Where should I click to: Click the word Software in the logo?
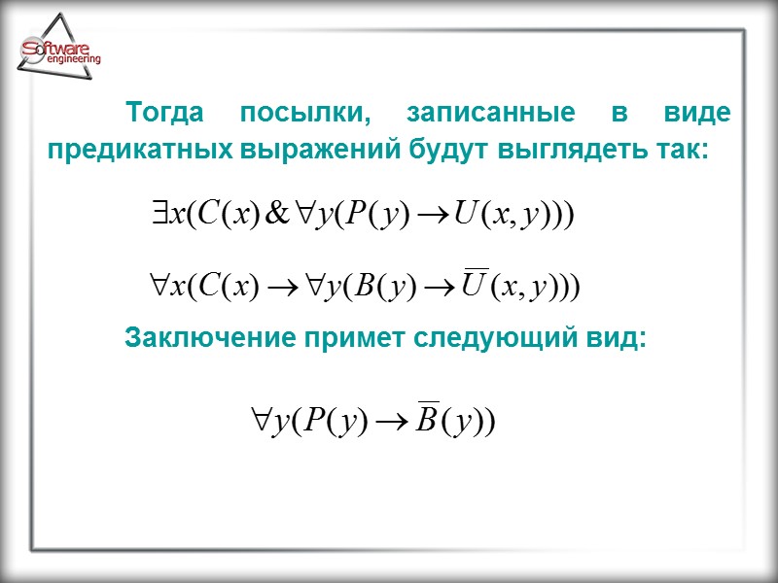(x=58, y=49)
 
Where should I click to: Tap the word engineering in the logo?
(x=73, y=59)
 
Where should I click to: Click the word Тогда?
(x=168, y=114)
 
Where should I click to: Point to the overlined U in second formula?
(x=474, y=286)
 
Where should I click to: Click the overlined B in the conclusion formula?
(x=425, y=422)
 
